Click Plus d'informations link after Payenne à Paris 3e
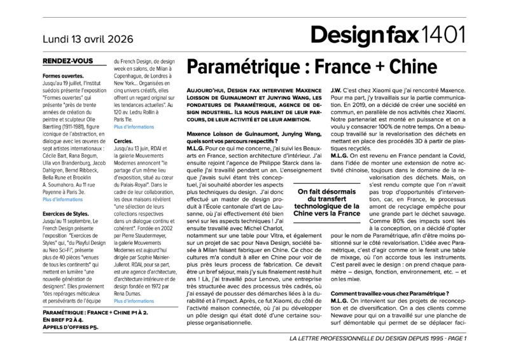[x=62, y=199]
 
